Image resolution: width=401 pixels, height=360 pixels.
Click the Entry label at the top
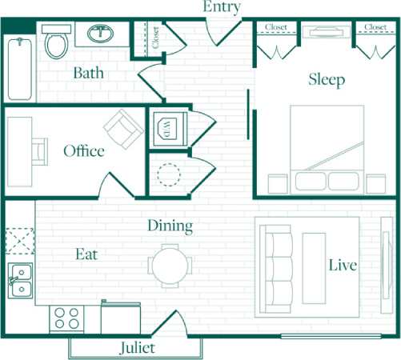tap(223, 7)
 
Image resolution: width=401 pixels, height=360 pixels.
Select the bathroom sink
tap(101, 34)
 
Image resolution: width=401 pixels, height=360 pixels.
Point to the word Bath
tap(89, 73)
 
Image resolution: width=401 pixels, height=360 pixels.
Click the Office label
tap(84, 150)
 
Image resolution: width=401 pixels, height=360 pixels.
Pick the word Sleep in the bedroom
tap(327, 79)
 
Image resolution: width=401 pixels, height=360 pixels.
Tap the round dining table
tap(170, 265)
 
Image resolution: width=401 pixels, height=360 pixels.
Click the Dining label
tap(170, 226)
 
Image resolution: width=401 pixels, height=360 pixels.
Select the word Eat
tap(86, 254)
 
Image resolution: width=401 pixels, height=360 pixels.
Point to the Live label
tap(343, 265)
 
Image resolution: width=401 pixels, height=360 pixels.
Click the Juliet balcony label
tap(136, 348)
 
